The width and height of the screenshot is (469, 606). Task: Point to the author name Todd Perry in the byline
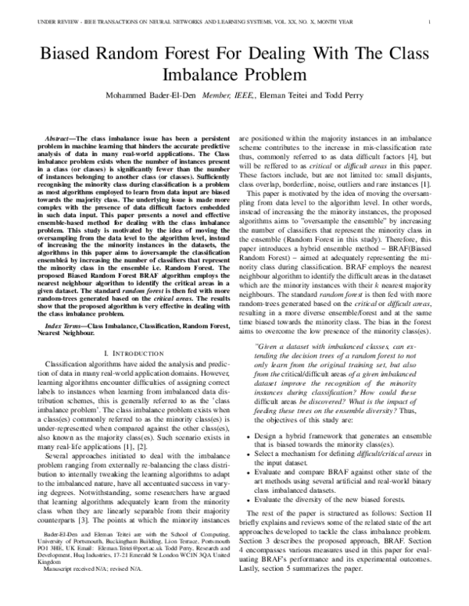360,102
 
